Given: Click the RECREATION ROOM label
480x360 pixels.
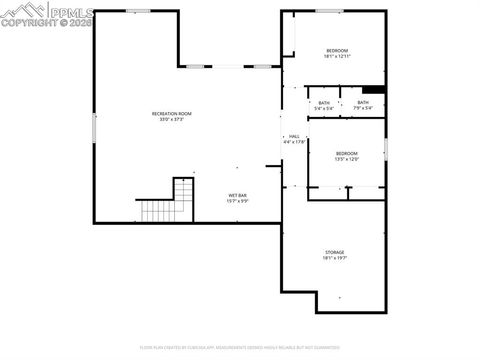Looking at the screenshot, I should (171, 114).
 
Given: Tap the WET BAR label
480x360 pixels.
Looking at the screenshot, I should (237, 195).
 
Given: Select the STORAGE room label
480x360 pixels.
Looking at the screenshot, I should (334, 252).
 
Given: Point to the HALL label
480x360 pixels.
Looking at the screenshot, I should (294, 136).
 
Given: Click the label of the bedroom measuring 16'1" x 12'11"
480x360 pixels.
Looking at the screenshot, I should (336, 51).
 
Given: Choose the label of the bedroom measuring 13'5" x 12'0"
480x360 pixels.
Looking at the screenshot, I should (347, 153).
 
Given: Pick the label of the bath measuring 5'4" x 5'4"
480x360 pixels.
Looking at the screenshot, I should (324, 103).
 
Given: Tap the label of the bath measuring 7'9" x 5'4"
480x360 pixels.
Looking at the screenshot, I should (363, 102).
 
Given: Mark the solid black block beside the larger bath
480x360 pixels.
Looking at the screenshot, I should (374, 89).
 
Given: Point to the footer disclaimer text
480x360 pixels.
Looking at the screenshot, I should (240, 347).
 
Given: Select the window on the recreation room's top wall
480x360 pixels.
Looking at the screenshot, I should (138, 11).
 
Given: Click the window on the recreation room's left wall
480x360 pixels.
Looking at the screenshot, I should (94, 127).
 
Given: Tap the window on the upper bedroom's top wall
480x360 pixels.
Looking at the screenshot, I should (329, 11).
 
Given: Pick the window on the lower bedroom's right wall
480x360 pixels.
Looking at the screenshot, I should (386, 149).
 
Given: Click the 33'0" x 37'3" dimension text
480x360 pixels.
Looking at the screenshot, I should (171, 120).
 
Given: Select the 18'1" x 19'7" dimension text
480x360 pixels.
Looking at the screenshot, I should (334, 258).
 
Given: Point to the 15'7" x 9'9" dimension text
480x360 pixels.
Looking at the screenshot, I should (237, 201).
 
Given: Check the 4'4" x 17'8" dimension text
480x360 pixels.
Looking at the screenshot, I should (294, 142).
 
